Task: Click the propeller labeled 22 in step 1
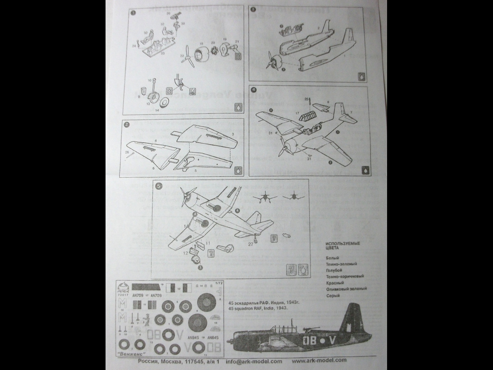188,56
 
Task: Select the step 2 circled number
126,124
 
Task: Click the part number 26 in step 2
127,153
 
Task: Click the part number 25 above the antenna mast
306,99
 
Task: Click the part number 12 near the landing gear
186,253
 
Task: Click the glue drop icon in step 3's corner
362,76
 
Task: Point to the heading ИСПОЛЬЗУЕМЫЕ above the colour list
342,244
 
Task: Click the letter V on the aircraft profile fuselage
334,341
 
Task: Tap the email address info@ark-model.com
254,361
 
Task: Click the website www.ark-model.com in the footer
319,361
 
